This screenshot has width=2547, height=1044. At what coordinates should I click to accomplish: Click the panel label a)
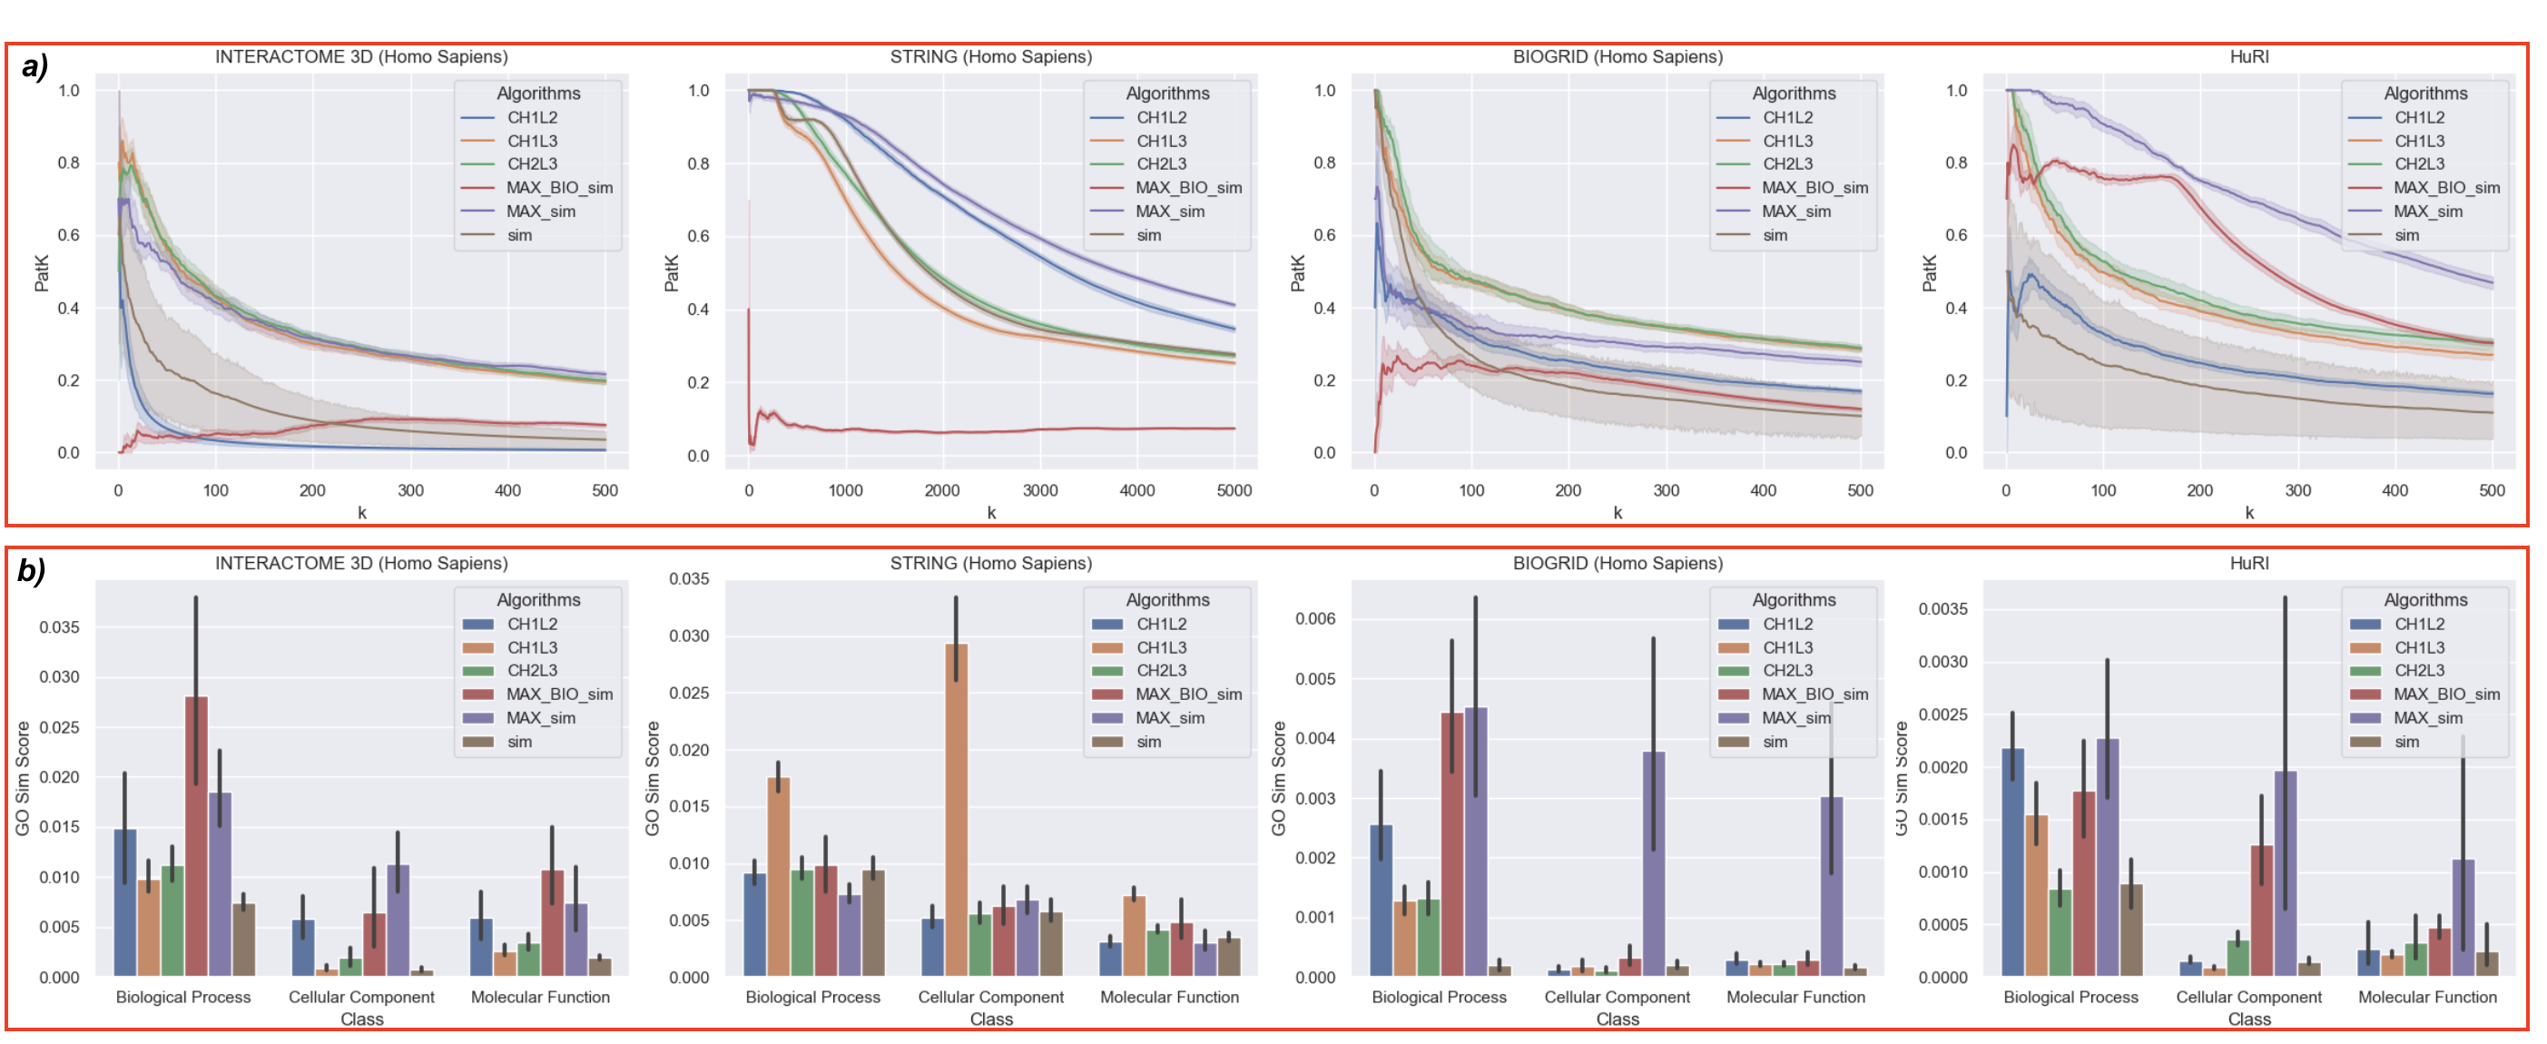point(34,67)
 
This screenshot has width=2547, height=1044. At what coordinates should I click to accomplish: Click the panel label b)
point(32,571)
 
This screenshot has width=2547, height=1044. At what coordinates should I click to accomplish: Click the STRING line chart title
point(990,57)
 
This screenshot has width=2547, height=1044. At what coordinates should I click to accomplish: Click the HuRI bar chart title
point(2248,564)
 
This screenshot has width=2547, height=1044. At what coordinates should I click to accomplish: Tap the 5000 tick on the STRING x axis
point(1234,490)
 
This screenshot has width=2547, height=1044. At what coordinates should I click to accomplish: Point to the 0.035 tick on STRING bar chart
point(689,579)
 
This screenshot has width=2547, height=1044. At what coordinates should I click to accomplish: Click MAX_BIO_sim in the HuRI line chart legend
point(2446,188)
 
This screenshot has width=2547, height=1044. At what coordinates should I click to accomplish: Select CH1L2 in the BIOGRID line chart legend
point(1787,118)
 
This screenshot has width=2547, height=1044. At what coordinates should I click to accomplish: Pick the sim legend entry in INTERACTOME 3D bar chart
point(519,742)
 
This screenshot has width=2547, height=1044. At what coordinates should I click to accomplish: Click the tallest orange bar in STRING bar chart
point(956,811)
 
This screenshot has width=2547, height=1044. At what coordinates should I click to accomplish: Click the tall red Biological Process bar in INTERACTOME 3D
point(196,835)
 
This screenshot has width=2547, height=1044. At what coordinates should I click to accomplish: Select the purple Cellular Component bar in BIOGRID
point(1653,863)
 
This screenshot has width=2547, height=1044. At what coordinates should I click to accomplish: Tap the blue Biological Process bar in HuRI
point(2012,862)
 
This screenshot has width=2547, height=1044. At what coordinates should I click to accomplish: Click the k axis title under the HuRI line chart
point(2249,512)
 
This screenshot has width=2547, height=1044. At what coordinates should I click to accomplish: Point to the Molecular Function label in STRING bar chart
point(1169,997)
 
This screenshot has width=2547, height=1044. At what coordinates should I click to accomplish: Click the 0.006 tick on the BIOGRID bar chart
point(1315,619)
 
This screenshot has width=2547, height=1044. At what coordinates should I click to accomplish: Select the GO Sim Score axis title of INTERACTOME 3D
point(23,779)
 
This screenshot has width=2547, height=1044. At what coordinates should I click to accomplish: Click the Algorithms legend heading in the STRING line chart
point(1167,94)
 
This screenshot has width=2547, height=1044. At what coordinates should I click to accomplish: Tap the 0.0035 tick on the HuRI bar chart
point(1942,609)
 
